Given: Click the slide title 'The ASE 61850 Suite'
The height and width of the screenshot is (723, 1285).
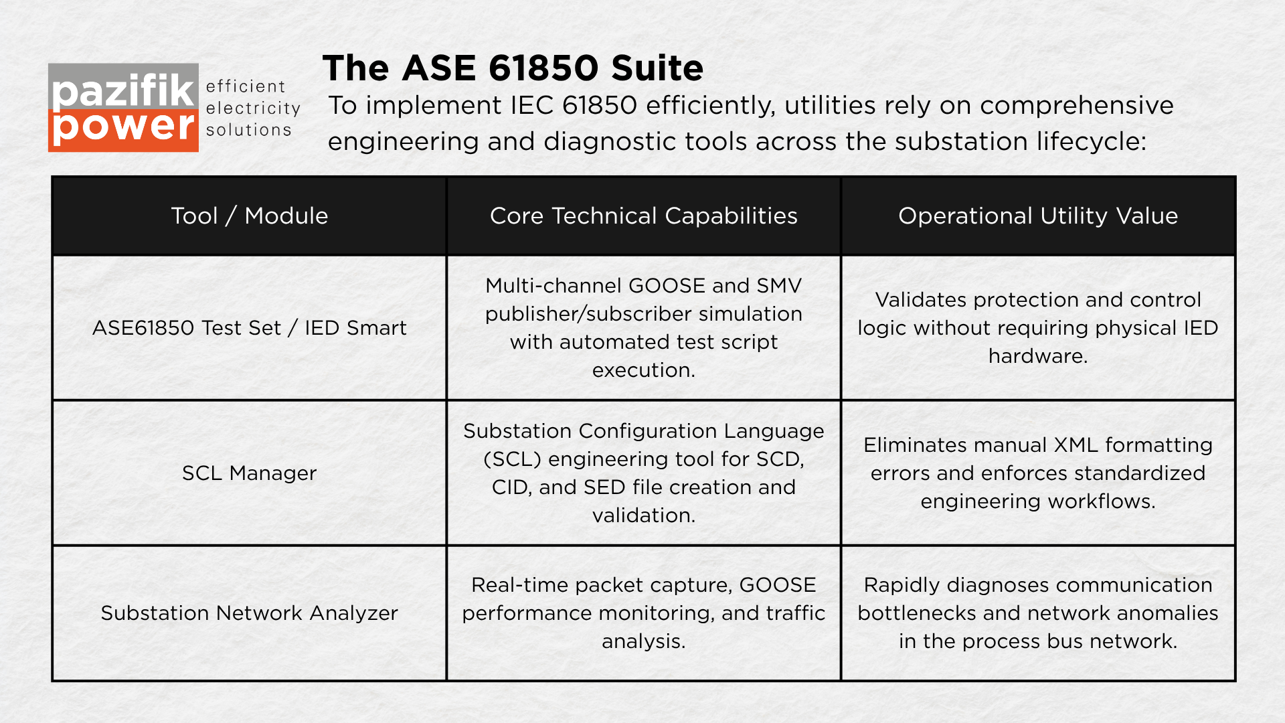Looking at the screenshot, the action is [x=513, y=68].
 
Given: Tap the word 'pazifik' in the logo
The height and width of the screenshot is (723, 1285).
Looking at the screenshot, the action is [x=123, y=90].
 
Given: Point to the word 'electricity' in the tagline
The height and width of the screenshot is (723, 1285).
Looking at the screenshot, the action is [x=253, y=108].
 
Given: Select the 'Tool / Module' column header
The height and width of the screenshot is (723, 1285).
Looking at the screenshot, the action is [x=250, y=216].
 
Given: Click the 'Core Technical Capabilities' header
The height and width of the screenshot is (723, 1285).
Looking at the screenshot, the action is [x=644, y=216].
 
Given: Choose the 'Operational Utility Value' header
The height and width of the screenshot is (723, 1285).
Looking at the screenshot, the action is [x=1038, y=216].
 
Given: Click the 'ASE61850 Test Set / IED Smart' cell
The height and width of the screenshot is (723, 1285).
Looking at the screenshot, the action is [x=250, y=327].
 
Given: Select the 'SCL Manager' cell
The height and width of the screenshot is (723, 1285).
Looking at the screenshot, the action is [x=250, y=473].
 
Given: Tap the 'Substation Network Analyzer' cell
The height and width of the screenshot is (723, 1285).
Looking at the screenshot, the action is [x=250, y=613].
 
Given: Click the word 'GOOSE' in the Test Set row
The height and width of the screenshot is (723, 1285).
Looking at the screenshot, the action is [x=667, y=285].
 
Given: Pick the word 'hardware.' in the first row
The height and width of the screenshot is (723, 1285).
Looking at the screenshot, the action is [x=1038, y=355].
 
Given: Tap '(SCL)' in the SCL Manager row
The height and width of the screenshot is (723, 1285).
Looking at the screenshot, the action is [x=513, y=459].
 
